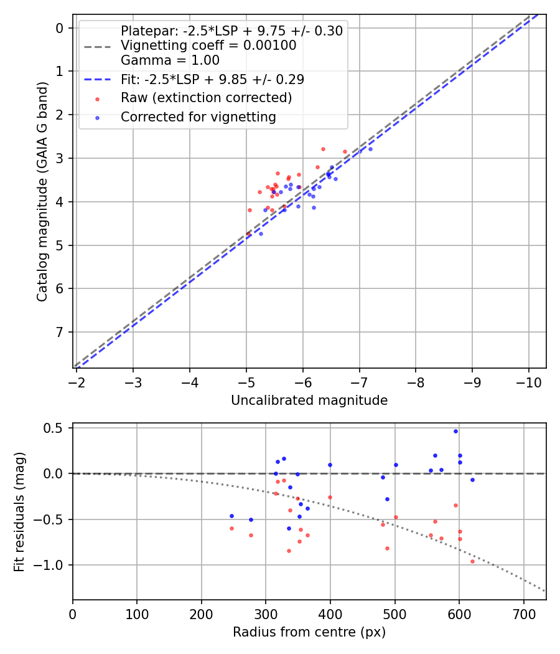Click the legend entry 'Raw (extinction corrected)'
click(206, 98)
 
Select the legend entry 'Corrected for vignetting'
click(198, 116)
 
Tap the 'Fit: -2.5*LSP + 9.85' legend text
click(212, 79)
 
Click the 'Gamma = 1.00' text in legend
click(170, 60)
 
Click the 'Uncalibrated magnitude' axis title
click(309, 400)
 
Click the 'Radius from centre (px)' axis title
click(309, 632)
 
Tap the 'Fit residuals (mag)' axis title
click(19, 511)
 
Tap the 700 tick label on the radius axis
click(523, 612)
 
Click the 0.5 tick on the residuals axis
click(56, 428)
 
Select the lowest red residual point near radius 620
click(472, 561)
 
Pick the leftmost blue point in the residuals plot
click(231, 516)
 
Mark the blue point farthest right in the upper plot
click(370, 149)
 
